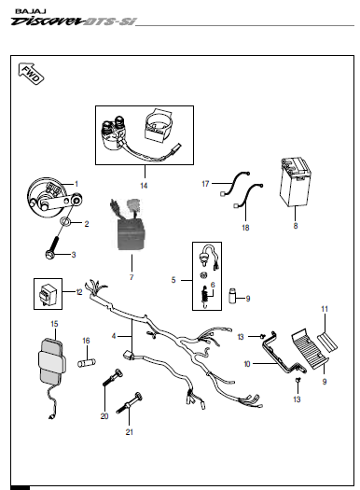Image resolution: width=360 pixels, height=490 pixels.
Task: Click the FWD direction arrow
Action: pyautogui.click(x=31, y=74)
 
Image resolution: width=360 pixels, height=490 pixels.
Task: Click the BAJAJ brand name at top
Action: pyautogui.click(x=30, y=11)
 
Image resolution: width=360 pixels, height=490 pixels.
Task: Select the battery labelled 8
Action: pyautogui.click(x=295, y=182)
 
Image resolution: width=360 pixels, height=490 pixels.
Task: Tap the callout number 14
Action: pyautogui.click(x=144, y=186)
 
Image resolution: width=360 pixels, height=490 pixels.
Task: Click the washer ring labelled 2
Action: pyautogui.click(x=66, y=221)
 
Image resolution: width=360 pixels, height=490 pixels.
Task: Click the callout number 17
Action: pyautogui.click(x=205, y=184)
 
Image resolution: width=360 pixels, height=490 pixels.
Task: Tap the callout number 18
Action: pyautogui.click(x=245, y=228)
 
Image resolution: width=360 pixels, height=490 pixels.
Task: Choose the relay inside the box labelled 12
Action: pyautogui.click(x=46, y=294)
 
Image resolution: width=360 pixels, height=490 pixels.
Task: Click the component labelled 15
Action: pyautogui.click(x=51, y=363)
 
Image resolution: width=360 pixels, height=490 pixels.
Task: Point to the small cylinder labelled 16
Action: pyautogui.click(x=87, y=363)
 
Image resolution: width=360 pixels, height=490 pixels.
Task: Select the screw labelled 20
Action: pyautogui.click(x=113, y=378)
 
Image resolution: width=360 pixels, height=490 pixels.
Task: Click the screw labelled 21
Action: pyautogui.click(x=130, y=403)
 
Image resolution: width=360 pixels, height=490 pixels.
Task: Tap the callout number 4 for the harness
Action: pyautogui.click(x=114, y=336)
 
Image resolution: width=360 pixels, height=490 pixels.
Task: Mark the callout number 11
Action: pyautogui.click(x=325, y=309)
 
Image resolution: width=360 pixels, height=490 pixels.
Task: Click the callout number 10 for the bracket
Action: pyautogui.click(x=246, y=364)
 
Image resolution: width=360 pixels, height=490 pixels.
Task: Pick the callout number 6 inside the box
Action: pyautogui.click(x=213, y=285)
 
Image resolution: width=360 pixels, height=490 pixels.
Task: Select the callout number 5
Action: pyautogui.click(x=173, y=280)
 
